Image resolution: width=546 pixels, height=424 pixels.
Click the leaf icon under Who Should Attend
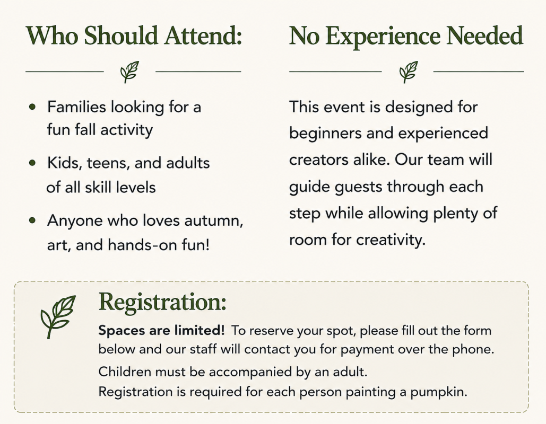(129, 72)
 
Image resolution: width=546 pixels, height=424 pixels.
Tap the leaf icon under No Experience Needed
(408, 72)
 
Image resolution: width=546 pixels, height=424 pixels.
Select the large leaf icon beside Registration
(58, 316)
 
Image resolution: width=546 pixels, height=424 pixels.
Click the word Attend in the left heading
(203, 36)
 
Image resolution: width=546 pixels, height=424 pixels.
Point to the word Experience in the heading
(384, 37)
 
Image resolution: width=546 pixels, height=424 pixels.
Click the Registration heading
(162, 302)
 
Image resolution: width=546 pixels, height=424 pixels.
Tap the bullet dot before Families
(32, 107)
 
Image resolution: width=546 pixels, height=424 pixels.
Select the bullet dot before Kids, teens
(32, 162)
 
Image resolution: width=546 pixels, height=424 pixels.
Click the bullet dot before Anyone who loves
(32, 220)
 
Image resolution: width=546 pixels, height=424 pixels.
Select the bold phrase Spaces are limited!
(161, 330)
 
